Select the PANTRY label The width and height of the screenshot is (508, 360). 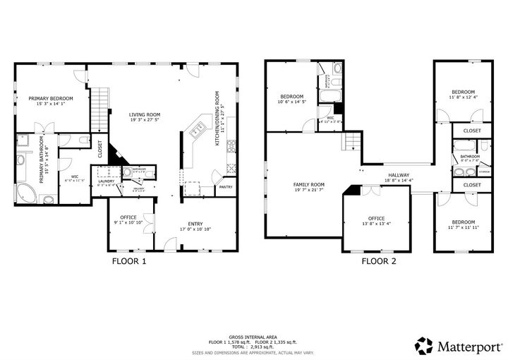(x=226, y=187)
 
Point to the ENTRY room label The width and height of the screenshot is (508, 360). (x=195, y=224)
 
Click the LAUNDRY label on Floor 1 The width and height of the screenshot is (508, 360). (x=107, y=181)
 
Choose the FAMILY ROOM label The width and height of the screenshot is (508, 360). (x=308, y=185)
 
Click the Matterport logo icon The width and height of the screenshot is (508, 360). (x=423, y=346)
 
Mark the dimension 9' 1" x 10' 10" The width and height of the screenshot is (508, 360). (x=128, y=222)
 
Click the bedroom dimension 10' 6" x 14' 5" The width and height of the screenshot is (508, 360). (x=291, y=103)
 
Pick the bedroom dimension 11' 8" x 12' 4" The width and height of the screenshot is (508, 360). (x=463, y=97)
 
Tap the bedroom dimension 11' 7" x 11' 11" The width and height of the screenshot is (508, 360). (x=463, y=227)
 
